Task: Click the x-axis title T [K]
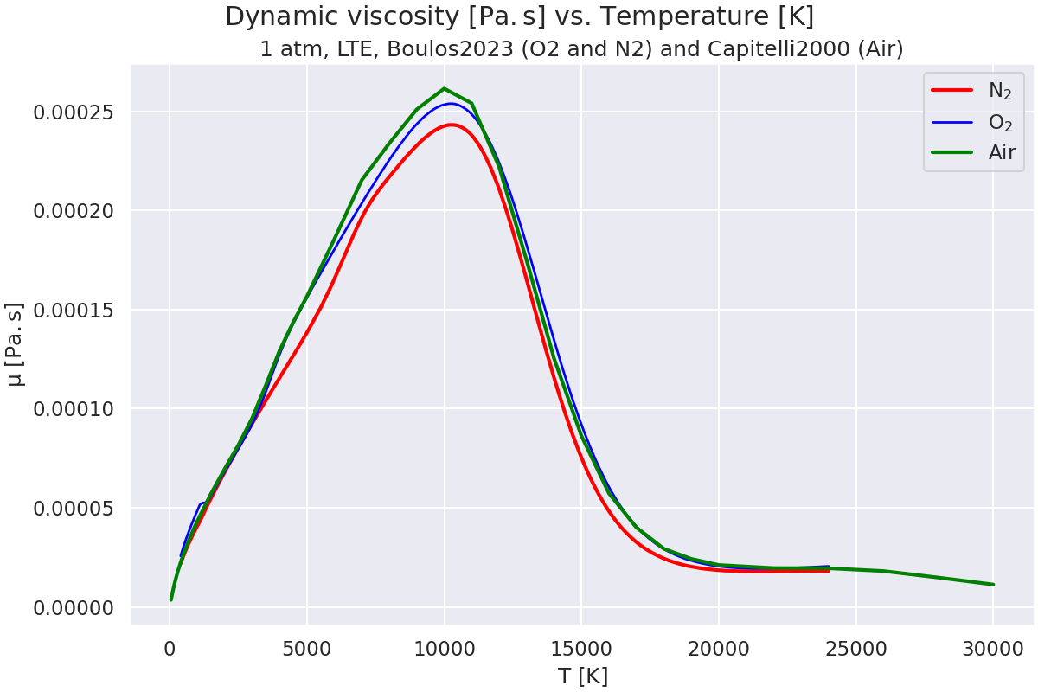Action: point(582,676)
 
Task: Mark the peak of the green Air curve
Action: point(444,88)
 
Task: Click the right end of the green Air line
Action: point(992,584)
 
